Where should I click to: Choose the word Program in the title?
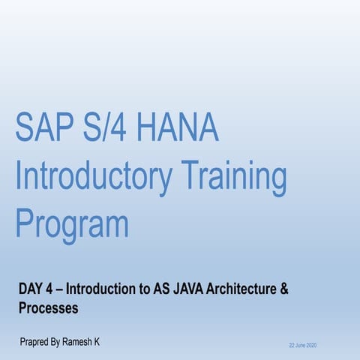pos(72,223)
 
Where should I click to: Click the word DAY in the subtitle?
pos(33,289)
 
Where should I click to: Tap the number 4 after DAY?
pos(56,289)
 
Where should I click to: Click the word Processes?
pos(49,307)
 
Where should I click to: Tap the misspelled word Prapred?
pos(37,343)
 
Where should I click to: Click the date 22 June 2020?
pos(303,345)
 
